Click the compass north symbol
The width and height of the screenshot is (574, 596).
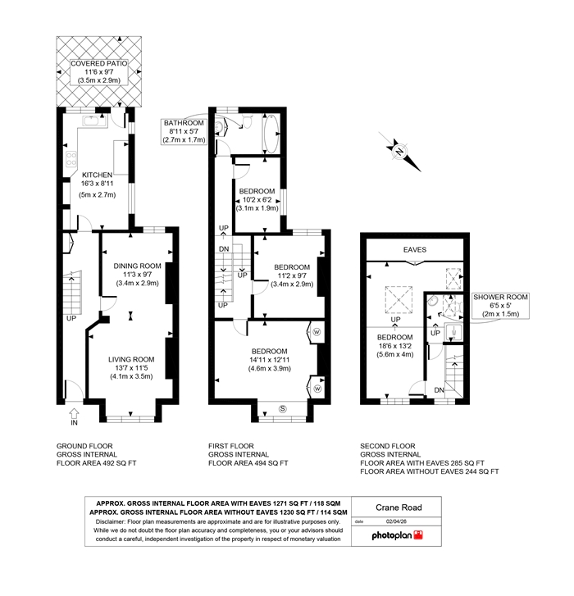(399, 152)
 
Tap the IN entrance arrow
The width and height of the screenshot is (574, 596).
(74, 413)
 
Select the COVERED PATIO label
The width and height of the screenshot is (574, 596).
(99, 63)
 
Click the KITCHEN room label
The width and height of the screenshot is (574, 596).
(98, 175)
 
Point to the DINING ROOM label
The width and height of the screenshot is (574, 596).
(137, 266)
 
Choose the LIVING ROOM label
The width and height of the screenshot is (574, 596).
(131, 359)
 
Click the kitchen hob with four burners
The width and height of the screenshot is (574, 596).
(71, 158)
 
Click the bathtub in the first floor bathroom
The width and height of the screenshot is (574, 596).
(271, 134)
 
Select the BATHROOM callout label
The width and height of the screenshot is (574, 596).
(184, 123)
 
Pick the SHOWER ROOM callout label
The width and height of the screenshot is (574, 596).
(500, 297)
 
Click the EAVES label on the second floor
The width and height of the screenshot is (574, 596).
(415, 250)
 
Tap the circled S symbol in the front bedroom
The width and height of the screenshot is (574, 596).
(282, 409)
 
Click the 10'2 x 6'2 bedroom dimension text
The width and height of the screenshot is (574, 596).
(257, 199)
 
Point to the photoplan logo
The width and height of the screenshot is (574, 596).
(397, 535)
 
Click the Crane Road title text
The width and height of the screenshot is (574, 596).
(399, 507)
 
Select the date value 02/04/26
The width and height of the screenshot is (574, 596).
(396, 521)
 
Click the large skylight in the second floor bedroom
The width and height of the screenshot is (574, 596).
(399, 300)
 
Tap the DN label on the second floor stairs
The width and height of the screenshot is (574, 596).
(439, 390)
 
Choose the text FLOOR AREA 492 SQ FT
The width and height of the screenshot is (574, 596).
(97, 463)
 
